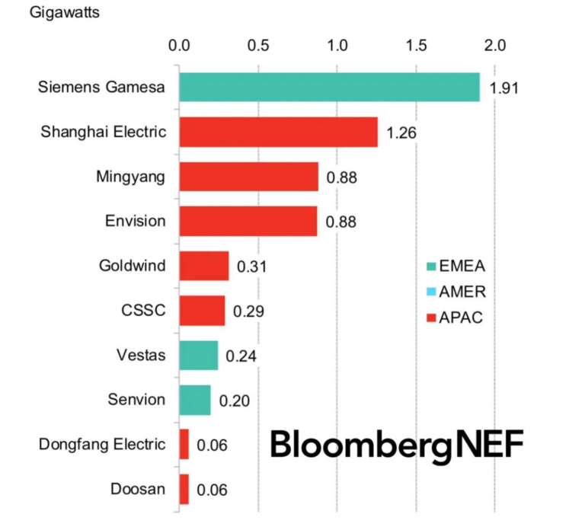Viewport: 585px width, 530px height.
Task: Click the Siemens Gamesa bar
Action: coord(329,87)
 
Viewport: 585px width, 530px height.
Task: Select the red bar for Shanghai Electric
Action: coord(278,132)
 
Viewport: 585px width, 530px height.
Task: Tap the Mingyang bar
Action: coord(248,177)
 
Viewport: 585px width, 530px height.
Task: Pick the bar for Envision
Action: coord(248,221)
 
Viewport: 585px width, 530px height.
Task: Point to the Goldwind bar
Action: coord(204,266)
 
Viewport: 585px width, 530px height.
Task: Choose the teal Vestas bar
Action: coord(198,355)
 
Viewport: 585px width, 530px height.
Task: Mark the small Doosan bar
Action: coord(184,489)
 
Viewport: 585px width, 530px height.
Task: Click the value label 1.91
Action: coord(503,88)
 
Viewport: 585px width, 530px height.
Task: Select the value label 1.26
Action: coord(401,132)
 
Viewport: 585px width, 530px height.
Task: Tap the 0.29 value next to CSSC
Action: coord(248,311)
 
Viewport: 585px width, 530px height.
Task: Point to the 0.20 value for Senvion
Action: coord(234,400)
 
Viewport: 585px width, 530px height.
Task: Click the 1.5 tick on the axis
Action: coord(416,45)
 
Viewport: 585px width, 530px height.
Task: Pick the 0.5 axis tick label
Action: coord(258,45)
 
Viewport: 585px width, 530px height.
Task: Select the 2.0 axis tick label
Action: coord(494,45)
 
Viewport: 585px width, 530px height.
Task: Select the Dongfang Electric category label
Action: coord(102,444)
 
